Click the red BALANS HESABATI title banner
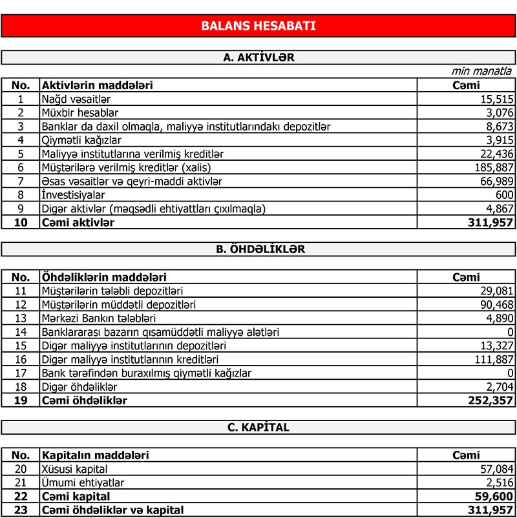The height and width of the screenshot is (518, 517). [258, 26]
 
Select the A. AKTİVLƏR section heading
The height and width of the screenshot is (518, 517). [258, 57]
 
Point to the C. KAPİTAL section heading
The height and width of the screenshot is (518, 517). [258, 427]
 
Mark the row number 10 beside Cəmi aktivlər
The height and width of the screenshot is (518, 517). [21, 222]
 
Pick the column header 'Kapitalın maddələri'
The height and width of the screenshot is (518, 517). [96, 455]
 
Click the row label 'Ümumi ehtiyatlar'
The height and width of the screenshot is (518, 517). [83, 482]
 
